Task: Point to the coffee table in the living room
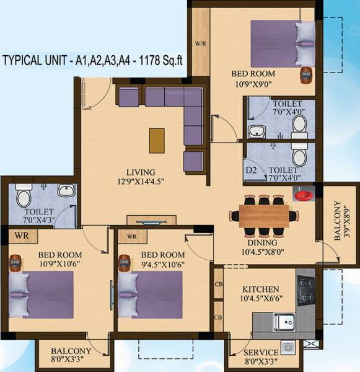(157, 140)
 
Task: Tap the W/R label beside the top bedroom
(200, 45)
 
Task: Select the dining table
(264, 216)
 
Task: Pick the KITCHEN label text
(260, 290)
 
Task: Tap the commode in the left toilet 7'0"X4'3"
(24, 198)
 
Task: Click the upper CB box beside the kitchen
(218, 285)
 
